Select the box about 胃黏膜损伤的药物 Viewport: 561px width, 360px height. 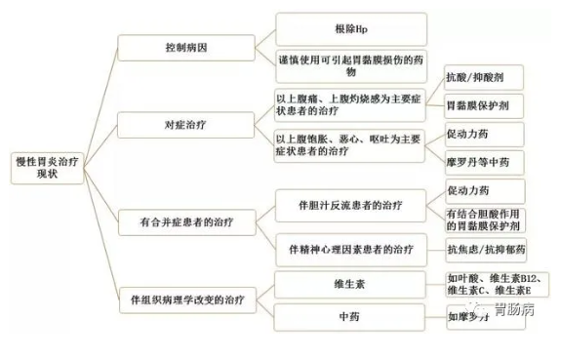pos(350,66)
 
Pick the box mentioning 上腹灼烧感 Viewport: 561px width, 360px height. pos(350,105)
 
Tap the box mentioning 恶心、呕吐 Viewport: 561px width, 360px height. pos(350,145)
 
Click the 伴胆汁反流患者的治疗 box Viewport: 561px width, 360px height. pos(352,206)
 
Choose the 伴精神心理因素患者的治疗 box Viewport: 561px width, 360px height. pos(352,247)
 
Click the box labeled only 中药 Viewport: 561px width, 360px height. pos(350,317)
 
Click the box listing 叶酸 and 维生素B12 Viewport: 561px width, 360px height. pos(488,284)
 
